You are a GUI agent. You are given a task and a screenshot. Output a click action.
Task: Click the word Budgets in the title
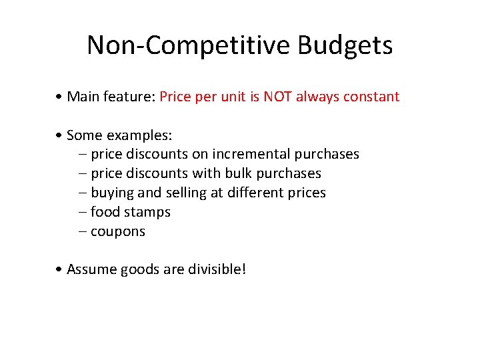coord(345,46)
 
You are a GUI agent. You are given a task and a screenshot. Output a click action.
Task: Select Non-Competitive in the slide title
coord(189,45)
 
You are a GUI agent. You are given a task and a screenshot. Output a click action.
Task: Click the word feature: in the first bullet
coord(131,97)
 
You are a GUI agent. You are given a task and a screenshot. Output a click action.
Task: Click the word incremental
coord(251,155)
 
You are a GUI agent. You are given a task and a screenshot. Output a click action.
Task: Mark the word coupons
coord(117,232)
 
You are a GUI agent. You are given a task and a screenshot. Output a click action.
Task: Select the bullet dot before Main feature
coord(60,97)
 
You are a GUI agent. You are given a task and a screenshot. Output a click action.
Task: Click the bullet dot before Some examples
coord(60,136)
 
